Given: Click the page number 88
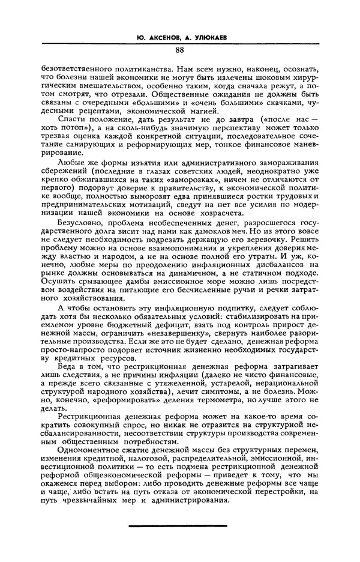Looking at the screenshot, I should pyautogui.click(x=179, y=50).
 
